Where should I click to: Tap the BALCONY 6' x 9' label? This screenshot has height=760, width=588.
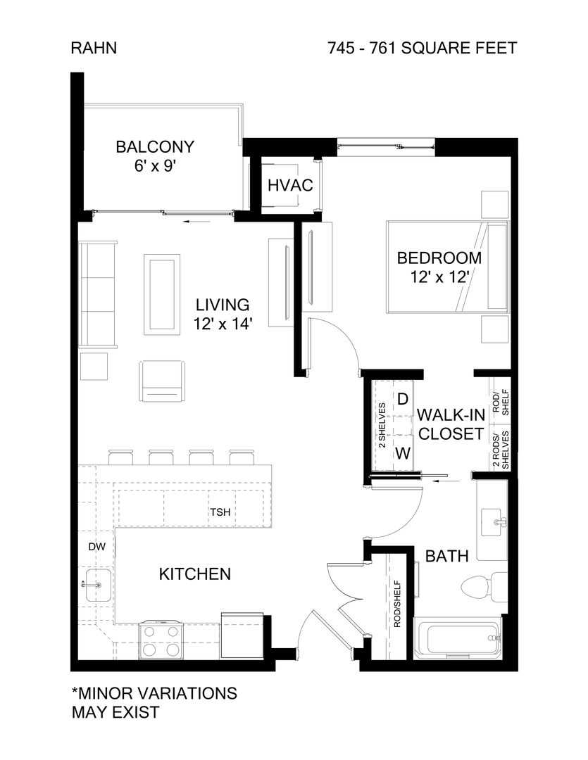[x=155, y=156]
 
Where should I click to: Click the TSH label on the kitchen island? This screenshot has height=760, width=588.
[x=219, y=512]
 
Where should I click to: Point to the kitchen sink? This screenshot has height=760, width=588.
[x=94, y=584]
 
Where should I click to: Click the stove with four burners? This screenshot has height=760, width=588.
[x=163, y=640]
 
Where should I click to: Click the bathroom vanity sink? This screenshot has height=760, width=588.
[x=497, y=521]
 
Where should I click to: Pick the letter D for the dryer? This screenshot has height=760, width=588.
[x=403, y=400]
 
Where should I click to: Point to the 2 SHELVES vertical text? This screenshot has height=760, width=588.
[x=382, y=426]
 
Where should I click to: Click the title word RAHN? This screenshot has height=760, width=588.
[x=94, y=48]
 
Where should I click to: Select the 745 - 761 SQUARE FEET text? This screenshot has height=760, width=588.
[x=423, y=48]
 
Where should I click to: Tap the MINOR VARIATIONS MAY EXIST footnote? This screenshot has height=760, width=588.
[x=154, y=702]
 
